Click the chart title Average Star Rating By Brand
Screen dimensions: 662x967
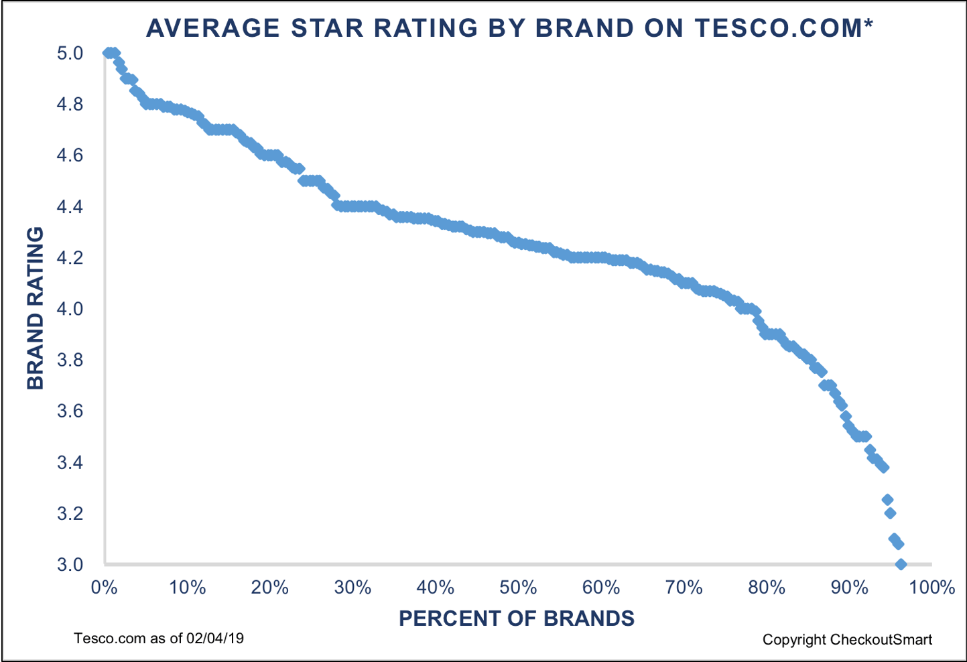pos(509,27)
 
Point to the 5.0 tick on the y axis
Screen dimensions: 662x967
pos(70,53)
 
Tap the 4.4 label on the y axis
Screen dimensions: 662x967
pos(70,206)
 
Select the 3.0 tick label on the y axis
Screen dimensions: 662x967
pos(70,564)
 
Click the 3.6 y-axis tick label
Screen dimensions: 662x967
pos(70,411)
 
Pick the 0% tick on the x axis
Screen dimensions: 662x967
pos(104,588)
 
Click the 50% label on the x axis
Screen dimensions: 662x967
pos(518,588)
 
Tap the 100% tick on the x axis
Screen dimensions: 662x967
pos(932,588)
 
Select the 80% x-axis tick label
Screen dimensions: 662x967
pos(767,588)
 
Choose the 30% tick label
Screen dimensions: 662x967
pos(352,588)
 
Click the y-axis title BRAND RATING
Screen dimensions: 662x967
pos(35,308)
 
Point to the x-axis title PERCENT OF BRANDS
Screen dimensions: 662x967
pos(517,618)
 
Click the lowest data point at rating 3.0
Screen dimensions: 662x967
pos(901,564)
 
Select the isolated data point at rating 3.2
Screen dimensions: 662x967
pos(890,513)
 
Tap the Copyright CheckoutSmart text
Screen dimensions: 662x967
pos(847,639)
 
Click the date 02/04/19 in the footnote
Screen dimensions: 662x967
pos(215,638)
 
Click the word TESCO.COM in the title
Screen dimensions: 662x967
pos(777,27)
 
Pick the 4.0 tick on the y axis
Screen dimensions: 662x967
pos(70,309)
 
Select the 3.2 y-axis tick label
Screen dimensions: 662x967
pos(70,513)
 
